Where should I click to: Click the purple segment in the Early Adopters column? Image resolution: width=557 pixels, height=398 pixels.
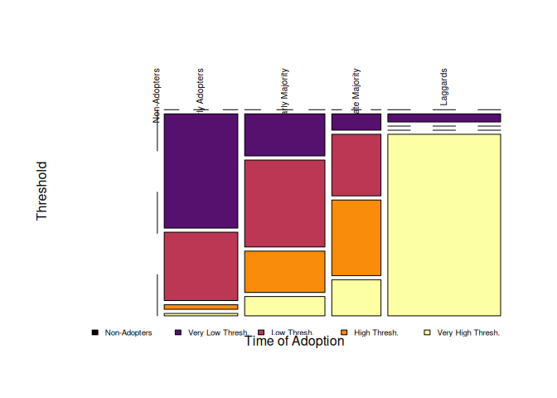[x=201, y=170]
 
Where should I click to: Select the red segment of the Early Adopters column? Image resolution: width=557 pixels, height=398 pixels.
[x=201, y=265]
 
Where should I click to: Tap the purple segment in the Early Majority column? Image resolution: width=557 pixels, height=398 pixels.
[x=284, y=134]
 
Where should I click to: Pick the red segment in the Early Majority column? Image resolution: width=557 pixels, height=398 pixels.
[x=284, y=203]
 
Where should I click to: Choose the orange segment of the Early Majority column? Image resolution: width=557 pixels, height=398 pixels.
[x=284, y=271]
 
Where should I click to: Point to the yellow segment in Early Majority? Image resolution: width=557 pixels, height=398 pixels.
[x=284, y=306]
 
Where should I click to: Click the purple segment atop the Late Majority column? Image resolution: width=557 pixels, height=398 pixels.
[x=356, y=122]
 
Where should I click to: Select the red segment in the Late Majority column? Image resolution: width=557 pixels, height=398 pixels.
[x=356, y=164]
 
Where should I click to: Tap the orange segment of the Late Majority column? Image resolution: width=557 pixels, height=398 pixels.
[x=356, y=237]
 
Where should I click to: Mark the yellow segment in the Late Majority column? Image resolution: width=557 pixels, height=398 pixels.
[x=356, y=297]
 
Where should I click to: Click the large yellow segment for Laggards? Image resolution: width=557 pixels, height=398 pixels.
[x=444, y=224]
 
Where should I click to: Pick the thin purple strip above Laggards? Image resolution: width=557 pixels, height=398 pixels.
[x=444, y=118]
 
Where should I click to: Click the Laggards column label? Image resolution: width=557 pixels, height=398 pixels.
[x=444, y=87]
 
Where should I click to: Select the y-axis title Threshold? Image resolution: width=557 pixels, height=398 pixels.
[x=42, y=191]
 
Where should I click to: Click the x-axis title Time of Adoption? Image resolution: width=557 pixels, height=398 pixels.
[x=294, y=341]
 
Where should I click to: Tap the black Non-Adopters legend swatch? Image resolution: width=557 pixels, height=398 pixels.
[x=95, y=332]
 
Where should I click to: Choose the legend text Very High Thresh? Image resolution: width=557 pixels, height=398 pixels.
[x=468, y=332]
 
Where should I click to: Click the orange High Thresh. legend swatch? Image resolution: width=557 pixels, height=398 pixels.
[x=344, y=332]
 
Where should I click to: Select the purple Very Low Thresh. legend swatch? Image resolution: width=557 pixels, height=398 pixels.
[x=178, y=332]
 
